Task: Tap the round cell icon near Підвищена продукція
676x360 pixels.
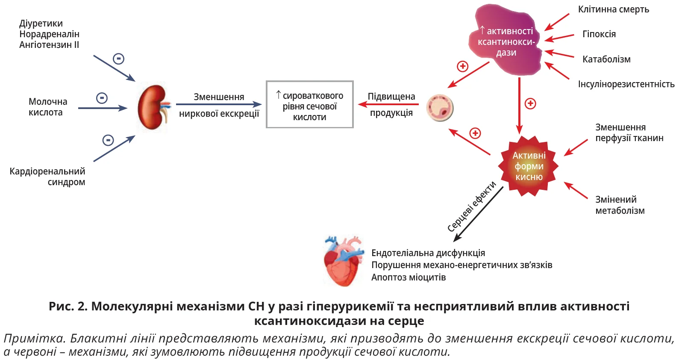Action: coord(440,108)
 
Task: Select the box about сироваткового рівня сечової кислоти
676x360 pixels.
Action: coord(309,104)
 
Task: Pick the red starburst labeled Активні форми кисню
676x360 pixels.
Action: coord(529,166)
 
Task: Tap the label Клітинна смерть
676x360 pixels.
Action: coord(613,9)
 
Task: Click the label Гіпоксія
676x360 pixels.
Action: coord(599,34)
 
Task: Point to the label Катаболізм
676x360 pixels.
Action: coord(606,59)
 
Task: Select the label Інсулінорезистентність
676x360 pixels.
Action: coord(626,84)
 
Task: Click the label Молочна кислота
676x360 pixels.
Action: coord(47,107)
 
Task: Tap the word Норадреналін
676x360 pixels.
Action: coord(49,34)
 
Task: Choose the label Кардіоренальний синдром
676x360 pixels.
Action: coord(47,177)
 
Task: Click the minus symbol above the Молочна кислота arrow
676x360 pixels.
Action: coord(102,98)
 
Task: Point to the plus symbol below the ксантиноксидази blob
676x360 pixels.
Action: coord(530,103)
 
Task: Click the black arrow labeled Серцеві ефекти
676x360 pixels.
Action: coord(479,214)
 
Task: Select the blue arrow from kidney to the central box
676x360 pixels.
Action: coord(218,104)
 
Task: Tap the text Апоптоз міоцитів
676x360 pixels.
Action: coord(408,277)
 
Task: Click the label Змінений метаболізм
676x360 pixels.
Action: coord(620,205)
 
